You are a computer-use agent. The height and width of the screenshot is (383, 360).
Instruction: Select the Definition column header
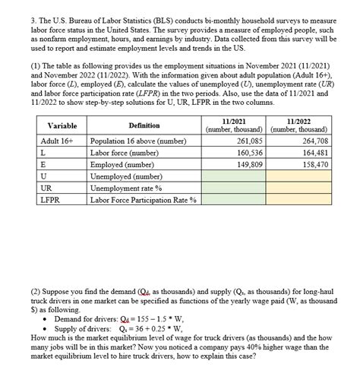(x=144, y=125)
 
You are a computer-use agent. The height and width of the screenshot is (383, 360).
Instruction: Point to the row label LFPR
(x=50, y=200)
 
